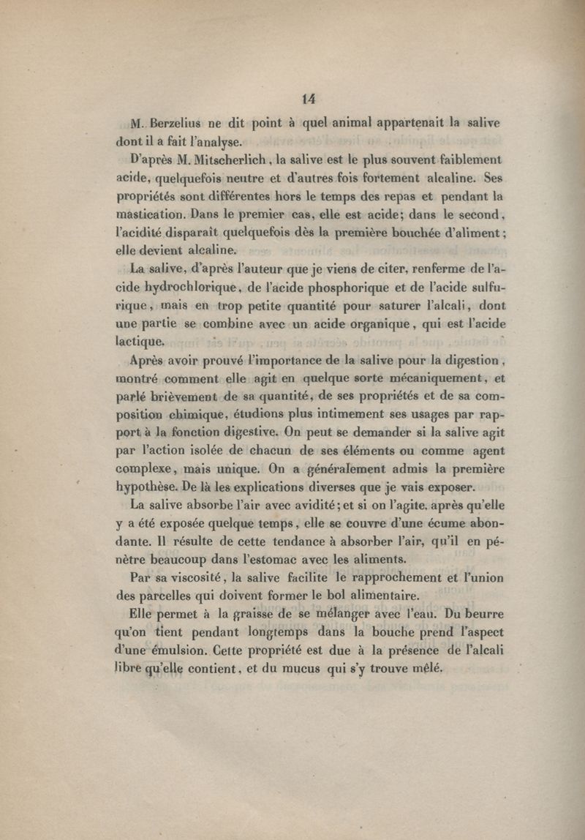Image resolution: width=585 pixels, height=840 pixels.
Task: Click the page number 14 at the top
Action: coord(307,98)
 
